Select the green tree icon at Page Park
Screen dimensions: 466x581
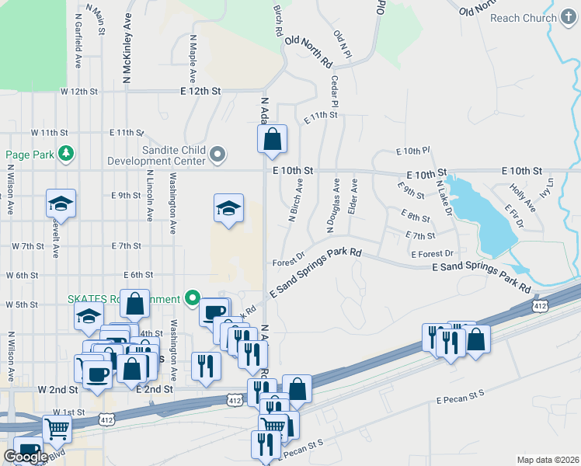click(68, 154)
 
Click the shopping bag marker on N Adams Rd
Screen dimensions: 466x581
click(272, 141)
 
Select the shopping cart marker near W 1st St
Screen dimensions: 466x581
click(57, 428)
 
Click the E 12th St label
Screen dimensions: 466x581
click(200, 91)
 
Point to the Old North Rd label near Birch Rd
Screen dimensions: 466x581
click(308, 51)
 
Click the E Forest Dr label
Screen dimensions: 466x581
click(432, 254)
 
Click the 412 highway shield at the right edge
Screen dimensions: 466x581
click(541, 306)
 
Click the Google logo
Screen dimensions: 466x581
click(26, 457)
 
